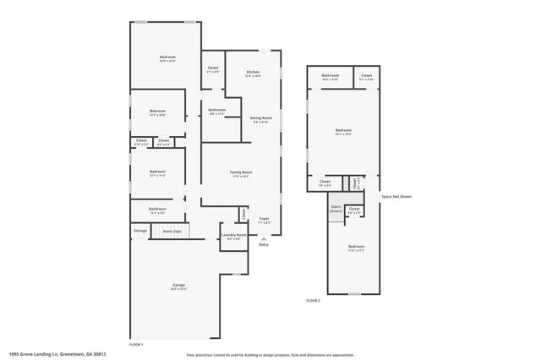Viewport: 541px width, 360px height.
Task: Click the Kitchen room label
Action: click(x=253, y=74)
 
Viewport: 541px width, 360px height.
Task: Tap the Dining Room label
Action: click(x=261, y=118)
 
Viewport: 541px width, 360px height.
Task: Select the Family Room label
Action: click(x=242, y=173)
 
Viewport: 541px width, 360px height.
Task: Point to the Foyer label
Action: click(x=264, y=219)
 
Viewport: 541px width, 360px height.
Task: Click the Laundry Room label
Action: click(x=234, y=235)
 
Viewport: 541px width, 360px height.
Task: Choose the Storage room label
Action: click(x=139, y=230)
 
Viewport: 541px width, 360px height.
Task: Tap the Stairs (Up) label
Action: click(x=172, y=230)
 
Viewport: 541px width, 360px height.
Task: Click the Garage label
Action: click(x=179, y=286)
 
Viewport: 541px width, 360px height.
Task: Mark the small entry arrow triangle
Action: click(x=264, y=237)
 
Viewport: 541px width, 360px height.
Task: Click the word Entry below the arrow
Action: click(x=264, y=245)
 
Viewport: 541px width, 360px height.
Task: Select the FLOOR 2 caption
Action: click(x=313, y=300)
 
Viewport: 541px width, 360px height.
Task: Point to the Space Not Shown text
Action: click(x=396, y=197)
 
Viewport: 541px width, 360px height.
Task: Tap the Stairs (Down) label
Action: click(x=336, y=208)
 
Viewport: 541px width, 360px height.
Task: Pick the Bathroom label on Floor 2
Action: click(x=330, y=77)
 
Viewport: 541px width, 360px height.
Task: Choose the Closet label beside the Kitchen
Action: click(x=213, y=68)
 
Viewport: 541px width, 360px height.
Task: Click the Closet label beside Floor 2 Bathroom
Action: click(x=366, y=77)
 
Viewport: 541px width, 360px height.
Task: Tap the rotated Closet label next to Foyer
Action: click(x=244, y=213)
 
